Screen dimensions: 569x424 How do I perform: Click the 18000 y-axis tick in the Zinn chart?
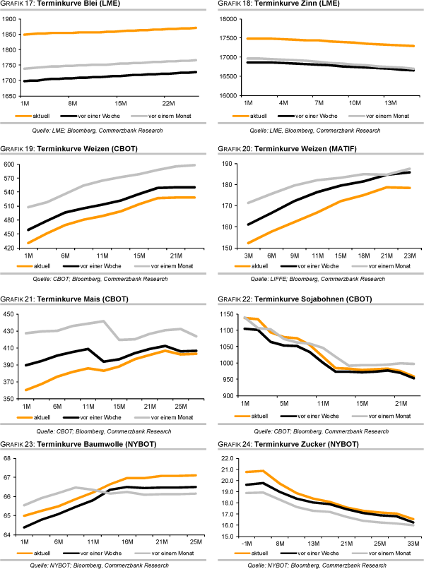click(228, 19)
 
